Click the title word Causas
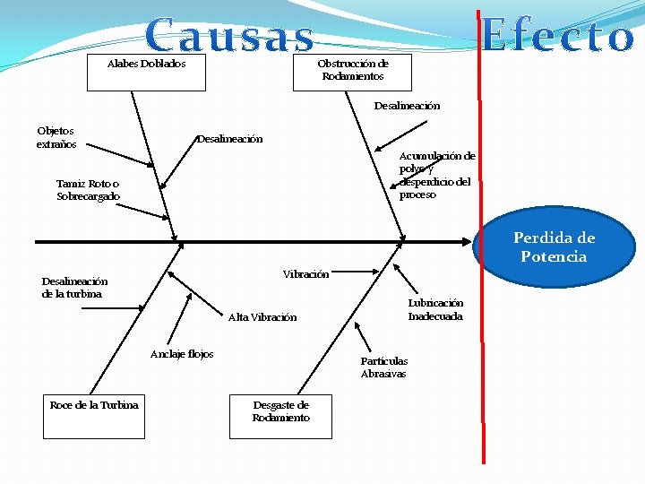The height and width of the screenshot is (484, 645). pyautogui.click(x=230, y=36)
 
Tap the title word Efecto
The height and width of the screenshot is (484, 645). pyautogui.click(x=558, y=37)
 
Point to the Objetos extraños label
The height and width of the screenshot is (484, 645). pyautogui.click(x=56, y=137)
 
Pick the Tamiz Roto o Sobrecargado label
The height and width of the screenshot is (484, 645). pyautogui.click(x=88, y=190)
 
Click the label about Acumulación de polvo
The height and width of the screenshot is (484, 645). pyautogui.click(x=436, y=175)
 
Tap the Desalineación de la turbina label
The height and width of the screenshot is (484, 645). pyautogui.click(x=74, y=287)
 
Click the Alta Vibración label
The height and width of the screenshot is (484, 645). pyautogui.click(x=262, y=317)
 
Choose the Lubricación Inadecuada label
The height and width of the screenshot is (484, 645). pyautogui.click(x=435, y=309)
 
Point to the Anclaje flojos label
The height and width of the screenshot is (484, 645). pyautogui.click(x=182, y=354)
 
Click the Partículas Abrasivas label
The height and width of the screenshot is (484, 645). pyautogui.click(x=383, y=367)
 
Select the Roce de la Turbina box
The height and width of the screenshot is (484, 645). pyautogui.click(x=94, y=416)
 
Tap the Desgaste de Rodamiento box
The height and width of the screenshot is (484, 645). pyautogui.click(x=280, y=416)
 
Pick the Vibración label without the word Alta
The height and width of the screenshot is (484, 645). pyautogui.click(x=305, y=273)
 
